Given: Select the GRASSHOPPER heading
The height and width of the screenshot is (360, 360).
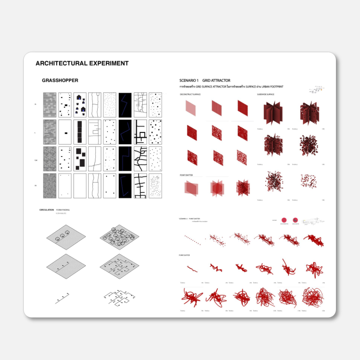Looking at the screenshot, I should click(60, 81).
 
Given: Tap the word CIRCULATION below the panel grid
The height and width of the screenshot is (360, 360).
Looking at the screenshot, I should click(47, 210).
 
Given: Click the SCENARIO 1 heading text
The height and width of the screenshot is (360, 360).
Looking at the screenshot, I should click(189, 81).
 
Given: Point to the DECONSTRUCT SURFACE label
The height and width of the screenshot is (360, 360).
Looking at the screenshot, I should click(190, 95).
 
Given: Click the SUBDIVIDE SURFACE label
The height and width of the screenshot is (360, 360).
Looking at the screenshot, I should click(265, 95).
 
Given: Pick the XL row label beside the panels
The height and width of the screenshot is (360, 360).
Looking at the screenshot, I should click(35, 105).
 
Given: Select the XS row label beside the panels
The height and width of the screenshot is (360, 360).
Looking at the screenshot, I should click(35, 186).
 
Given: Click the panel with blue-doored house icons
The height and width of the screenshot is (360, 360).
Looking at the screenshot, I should click(80, 105).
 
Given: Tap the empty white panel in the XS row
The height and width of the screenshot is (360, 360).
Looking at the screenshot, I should click(80, 186).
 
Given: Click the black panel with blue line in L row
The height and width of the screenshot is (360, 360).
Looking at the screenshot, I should click(125, 132).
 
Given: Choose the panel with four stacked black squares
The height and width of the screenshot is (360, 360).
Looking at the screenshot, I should click(80, 132).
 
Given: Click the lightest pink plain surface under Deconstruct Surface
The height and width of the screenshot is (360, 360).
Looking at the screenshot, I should click(191, 107).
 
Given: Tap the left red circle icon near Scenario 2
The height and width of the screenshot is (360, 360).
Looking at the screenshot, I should click(284, 220).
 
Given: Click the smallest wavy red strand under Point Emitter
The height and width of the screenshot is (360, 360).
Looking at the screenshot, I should click(192, 268).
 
